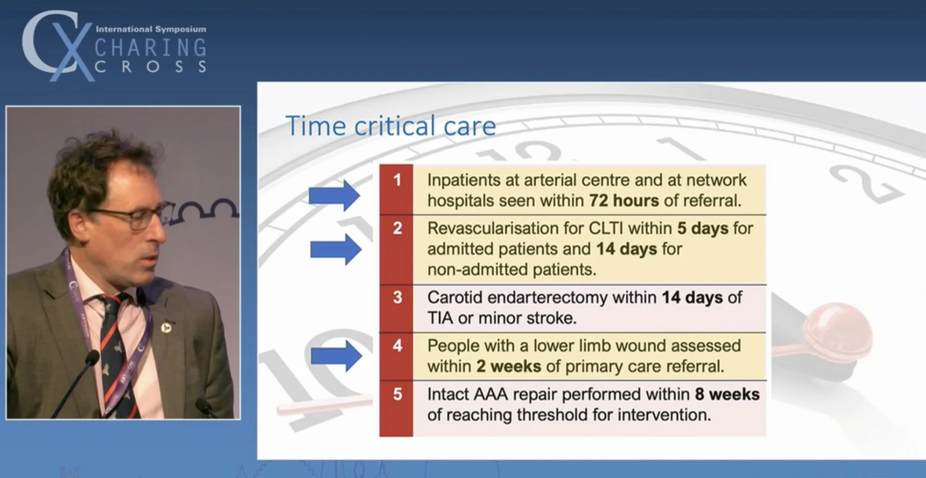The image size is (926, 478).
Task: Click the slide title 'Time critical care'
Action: (391, 126)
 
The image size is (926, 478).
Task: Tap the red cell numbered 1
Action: (397, 189)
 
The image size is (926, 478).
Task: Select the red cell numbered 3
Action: (397, 308)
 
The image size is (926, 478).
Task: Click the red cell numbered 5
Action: (397, 408)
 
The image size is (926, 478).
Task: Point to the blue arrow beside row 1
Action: (334, 195)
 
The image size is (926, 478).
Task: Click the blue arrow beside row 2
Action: (335, 249)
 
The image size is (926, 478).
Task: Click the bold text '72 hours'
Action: (624, 201)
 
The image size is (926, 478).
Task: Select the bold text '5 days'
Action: (702, 228)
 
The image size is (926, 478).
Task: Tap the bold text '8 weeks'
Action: (727, 394)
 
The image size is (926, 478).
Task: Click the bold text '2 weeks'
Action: (508, 367)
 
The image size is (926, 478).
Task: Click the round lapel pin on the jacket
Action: (166, 327)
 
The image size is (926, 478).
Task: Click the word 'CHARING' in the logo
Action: (151, 48)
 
